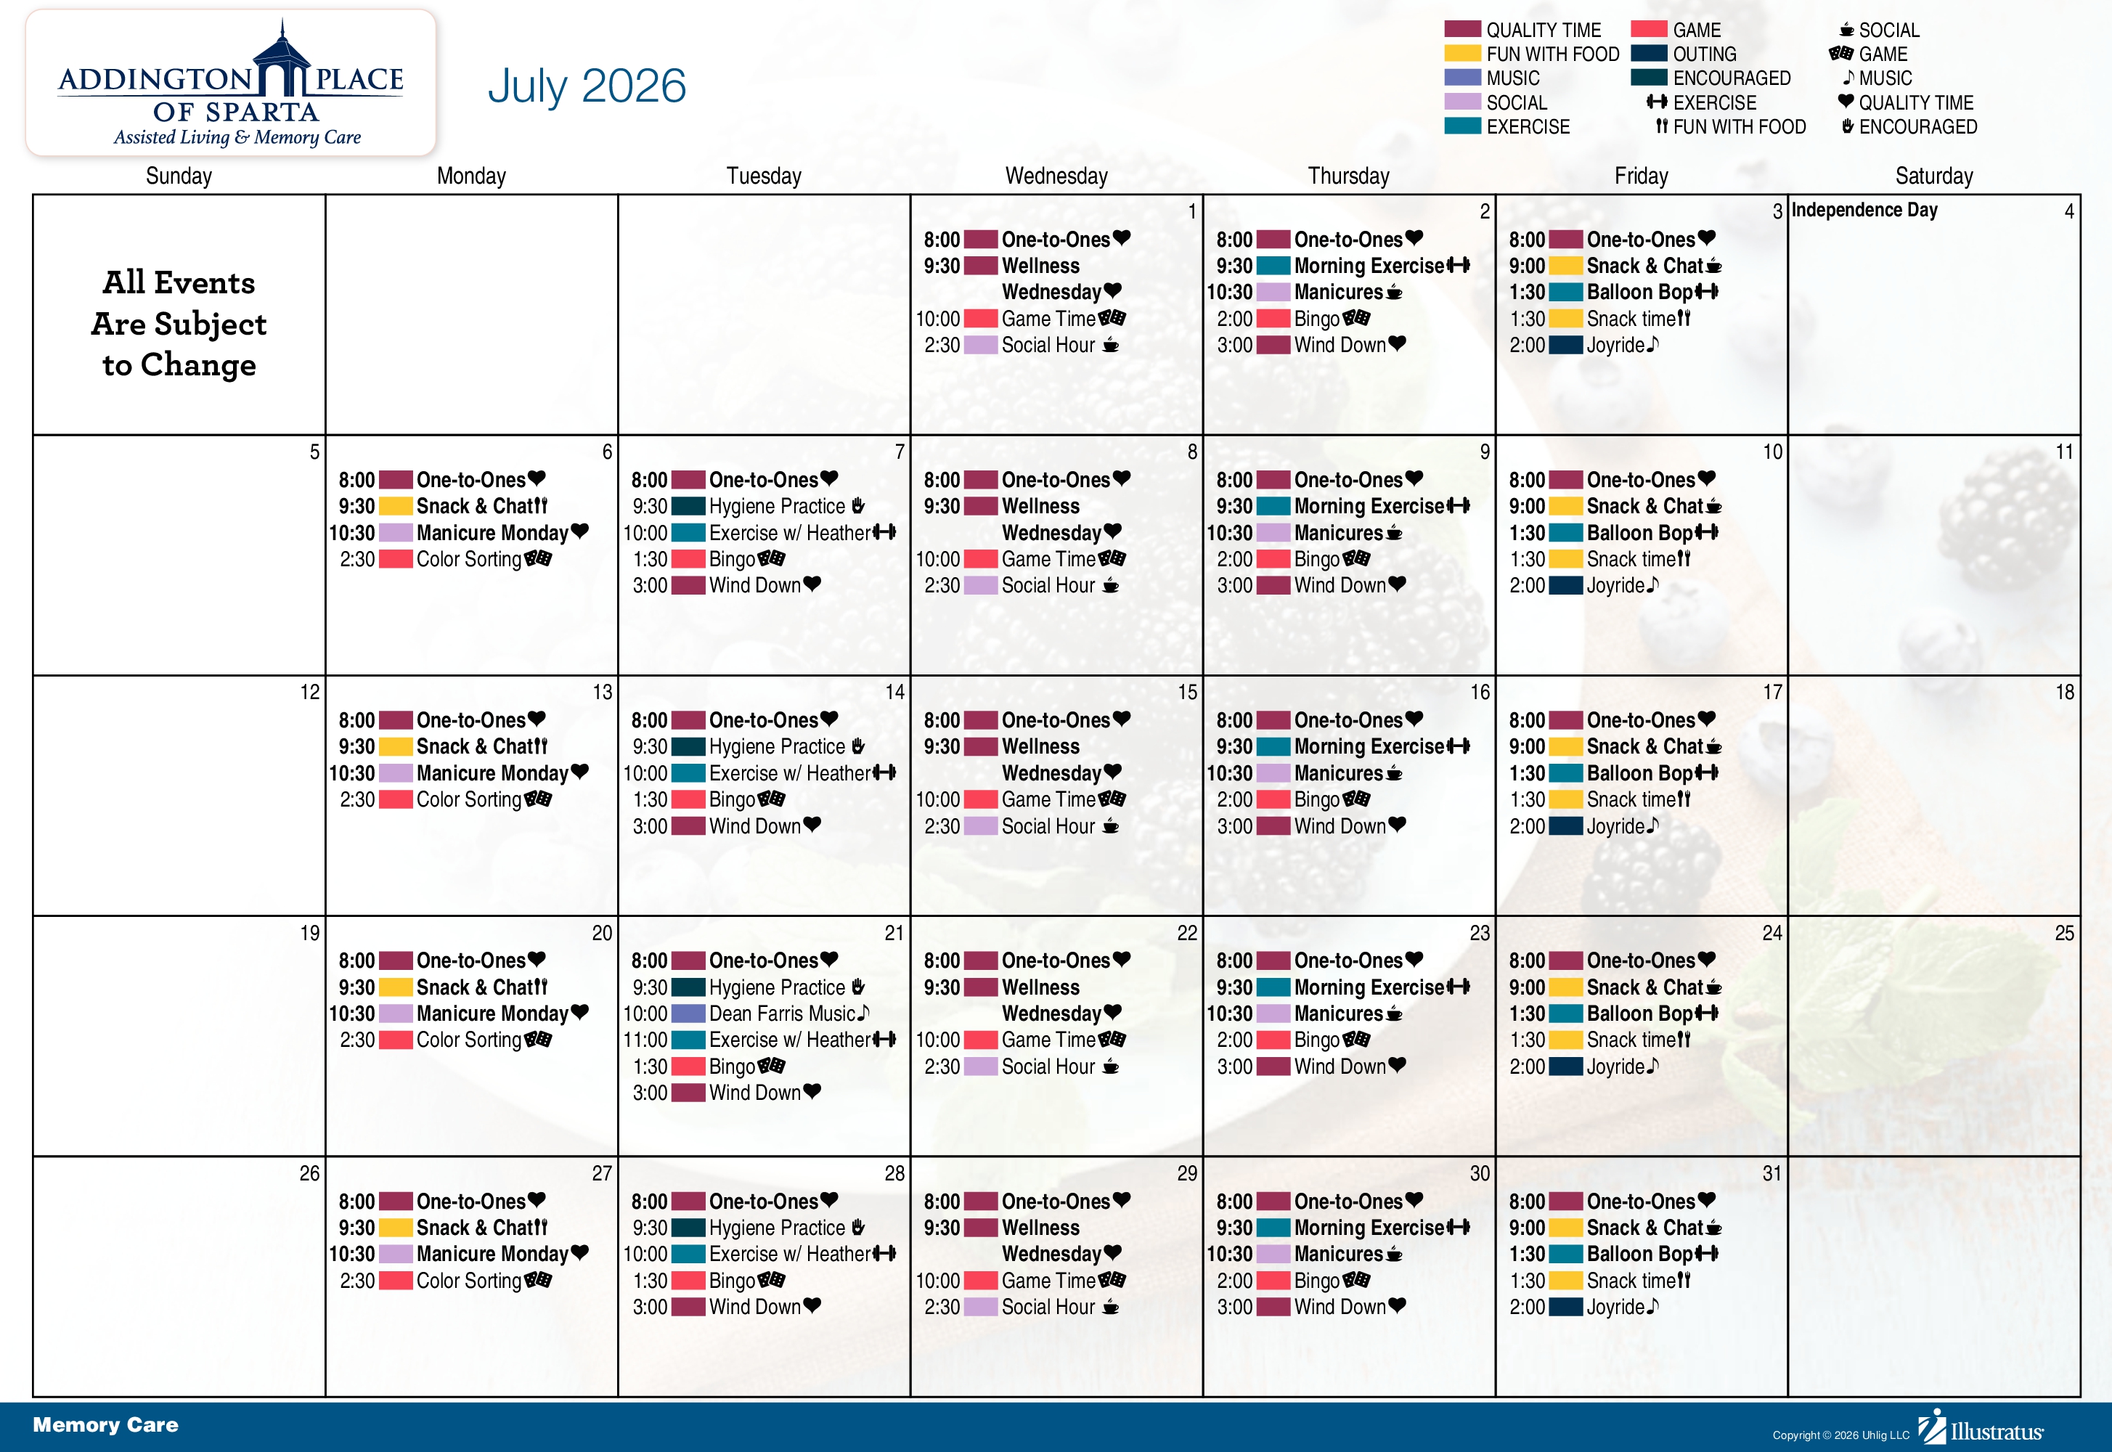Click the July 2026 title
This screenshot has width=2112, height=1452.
pos(587,86)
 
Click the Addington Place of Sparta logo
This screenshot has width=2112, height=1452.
pos(231,83)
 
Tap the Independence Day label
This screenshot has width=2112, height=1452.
pos(1864,210)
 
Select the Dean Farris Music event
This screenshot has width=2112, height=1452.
pos(782,1013)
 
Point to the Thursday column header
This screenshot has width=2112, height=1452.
pos(1348,176)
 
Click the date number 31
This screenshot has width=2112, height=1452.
pos(1771,1174)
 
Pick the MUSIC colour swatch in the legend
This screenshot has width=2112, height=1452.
pos(1463,78)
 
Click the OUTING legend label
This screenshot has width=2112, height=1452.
pos(1705,54)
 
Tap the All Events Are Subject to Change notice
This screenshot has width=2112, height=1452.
pos(179,324)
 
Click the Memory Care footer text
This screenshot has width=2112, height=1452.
pos(105,1424)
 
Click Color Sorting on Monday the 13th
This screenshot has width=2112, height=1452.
pos(469,800)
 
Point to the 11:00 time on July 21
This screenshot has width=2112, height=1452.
pos(645,1040)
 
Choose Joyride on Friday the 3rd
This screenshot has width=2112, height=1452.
pos(1615,345)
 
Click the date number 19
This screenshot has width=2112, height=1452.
pos(310,934)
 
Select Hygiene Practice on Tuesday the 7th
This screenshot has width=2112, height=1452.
pos(777,507)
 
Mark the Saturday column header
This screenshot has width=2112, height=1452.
pos(1933,176)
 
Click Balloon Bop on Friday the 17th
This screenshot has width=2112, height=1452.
pos(1640,773)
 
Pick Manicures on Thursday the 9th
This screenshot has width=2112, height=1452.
pos(1338,533)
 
